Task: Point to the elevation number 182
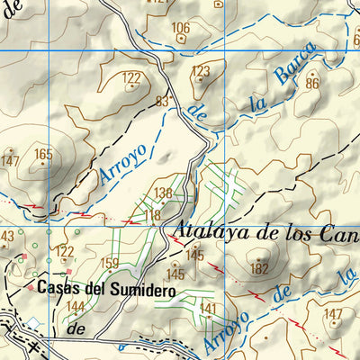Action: pos(260,268)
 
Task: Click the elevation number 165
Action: pos(43,154)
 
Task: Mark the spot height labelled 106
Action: pos(181,27)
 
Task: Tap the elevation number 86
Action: pos(312,83)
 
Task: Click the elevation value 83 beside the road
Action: pos(163,102)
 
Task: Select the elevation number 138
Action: pos(163,193)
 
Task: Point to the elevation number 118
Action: pos(152,215)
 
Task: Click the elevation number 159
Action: pos(110,264)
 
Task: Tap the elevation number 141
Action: pos(209,309)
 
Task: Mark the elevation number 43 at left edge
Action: pos(5,236)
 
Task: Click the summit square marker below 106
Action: pos(183,39)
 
